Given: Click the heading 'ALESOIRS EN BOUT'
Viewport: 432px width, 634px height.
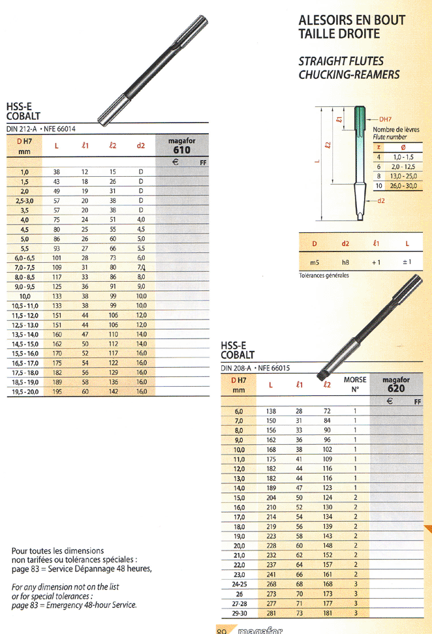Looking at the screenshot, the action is point(352,20).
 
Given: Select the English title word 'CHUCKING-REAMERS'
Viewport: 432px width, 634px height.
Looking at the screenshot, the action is point(349,75).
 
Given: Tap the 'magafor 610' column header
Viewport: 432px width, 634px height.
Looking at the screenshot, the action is point(181,145).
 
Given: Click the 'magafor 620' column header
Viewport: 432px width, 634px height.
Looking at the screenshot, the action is point(396,385).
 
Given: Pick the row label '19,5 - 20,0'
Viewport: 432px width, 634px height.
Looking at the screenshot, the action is point(25,392).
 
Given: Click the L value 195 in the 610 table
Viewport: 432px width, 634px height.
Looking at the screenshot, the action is point(57,391).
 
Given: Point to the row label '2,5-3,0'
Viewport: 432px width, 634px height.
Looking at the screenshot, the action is point(25,201).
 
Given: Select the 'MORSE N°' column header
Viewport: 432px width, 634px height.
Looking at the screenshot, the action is point(355,385).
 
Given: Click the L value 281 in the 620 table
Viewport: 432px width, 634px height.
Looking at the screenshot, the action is point(271,613).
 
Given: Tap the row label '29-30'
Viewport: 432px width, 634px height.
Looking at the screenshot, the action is point(239,613).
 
